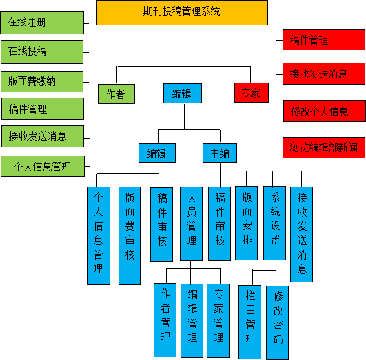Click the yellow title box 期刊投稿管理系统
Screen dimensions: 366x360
(182, 12)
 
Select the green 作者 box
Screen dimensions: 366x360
(116, 94)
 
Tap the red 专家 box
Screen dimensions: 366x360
(252, 92)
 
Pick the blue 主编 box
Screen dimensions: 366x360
(220, 153)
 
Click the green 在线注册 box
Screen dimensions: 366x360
(42, 23)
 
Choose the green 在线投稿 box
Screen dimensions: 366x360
(42, 52)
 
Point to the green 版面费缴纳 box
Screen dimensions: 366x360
(42, 82)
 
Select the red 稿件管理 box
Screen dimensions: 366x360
(324, 40)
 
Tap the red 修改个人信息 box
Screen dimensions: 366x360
(325, 112)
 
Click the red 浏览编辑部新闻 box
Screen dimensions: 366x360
(324, 147)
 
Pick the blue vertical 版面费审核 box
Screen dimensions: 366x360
(130, 235)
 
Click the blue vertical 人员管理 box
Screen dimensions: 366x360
(191, 224)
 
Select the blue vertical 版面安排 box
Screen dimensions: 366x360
(247, 223)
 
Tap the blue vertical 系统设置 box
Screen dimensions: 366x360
(275, 223)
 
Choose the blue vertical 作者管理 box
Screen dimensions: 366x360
(165, 320)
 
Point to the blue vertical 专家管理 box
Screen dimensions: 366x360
(218, 321)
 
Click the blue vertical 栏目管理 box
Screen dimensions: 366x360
(250, 322)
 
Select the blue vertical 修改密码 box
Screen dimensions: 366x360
(278, 323)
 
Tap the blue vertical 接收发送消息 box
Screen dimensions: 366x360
(302, 234)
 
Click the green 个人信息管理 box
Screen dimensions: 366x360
(43, 167)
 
